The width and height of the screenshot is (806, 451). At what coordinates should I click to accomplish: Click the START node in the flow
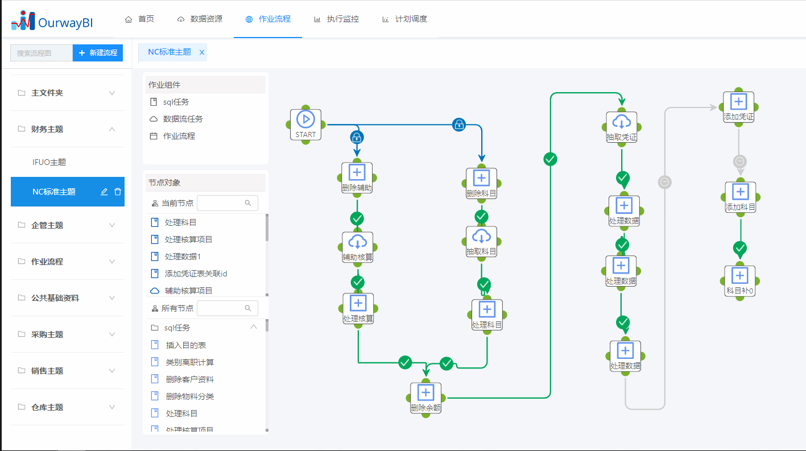click(x=305, y=124)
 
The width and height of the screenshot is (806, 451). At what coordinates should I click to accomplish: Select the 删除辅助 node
click(x=357, y=177)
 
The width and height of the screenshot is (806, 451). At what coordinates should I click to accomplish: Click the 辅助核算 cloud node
click(x=357, y=247)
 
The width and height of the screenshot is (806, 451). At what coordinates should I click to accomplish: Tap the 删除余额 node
click(x=425, y=398)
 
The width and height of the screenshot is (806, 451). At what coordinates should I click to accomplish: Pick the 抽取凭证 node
click(x=621, y=127)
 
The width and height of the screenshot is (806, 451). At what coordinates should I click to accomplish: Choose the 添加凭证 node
click(x=738, y=107)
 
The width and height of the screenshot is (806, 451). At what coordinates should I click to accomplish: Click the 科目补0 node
click(x=739, y=281)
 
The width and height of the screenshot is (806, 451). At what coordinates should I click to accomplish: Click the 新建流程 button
click(x=98, y=53)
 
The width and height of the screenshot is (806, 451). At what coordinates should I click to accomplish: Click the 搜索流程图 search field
click(x=42, y=53)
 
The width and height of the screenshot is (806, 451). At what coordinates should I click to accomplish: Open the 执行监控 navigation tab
click(x=336, y=19)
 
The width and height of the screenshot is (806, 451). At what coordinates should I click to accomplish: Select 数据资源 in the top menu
click(x=200, y=19)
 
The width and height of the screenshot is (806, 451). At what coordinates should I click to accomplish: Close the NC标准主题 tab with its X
click(x=201, y=52)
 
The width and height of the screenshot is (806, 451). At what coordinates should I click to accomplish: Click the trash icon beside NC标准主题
click(x=118, y=192)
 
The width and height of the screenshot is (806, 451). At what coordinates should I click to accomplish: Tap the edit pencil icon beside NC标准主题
click(x=104, y=192)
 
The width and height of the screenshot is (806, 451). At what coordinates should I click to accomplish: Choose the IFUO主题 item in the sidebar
click(x=49, y=162)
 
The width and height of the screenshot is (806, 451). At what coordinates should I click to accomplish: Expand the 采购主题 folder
click(x=67, y=334)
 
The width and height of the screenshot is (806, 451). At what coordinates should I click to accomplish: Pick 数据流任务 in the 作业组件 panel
click(x=183, y=119)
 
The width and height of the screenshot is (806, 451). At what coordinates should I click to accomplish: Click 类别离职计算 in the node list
click(x=189, y=362)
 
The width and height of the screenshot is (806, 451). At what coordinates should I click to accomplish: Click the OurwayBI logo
click(x=52, y=22)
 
